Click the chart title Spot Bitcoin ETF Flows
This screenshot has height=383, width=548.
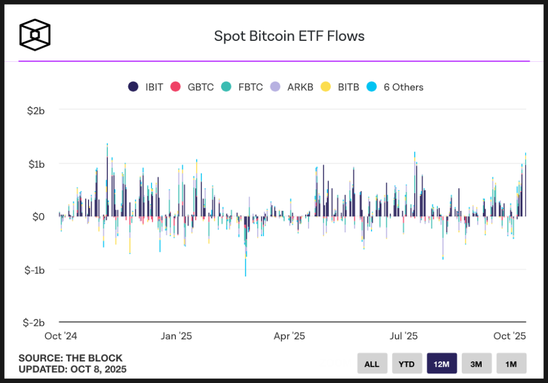(x=289, y=36)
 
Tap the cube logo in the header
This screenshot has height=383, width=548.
(x=35, y=35)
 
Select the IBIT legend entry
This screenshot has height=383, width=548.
(x=146, y=87)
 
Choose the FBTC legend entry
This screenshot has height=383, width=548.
(x=242, y=87)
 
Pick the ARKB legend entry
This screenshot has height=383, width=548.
(x=292, y=87)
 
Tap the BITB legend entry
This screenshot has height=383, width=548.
(x=340, y=87)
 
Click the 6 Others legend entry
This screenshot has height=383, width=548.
(x=395, y=87)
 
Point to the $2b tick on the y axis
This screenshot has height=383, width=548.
(x=36, y=110)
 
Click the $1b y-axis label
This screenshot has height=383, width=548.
(x=36, y=164)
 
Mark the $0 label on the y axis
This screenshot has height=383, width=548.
(x=38, y=216)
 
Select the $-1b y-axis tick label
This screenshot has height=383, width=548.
(x=35, y=270)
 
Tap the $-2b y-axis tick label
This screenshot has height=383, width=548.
(x=35, y=322)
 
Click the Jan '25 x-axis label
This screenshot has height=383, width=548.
(x=176, y=336)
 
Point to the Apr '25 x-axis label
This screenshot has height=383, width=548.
(x=289, y=336)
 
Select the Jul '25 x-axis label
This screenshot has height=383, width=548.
(x=403, y=336)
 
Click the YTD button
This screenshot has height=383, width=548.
(x=407, y=364)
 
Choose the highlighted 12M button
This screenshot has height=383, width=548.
(x=442, y=364)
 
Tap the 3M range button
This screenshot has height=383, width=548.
(x=477, y=364)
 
